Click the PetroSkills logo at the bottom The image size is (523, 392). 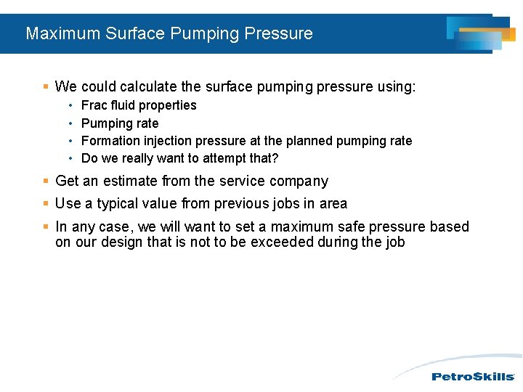[x=473, y=377]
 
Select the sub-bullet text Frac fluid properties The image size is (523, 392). [x=139, y=105]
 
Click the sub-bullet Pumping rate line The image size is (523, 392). [x=120, y=123]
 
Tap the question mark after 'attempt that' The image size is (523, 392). [x=275, y=158]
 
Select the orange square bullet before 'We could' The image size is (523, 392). [x=46, y=87]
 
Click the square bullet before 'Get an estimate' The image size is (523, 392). [x=46, y=181]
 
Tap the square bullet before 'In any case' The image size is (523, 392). [x=46, y=227]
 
